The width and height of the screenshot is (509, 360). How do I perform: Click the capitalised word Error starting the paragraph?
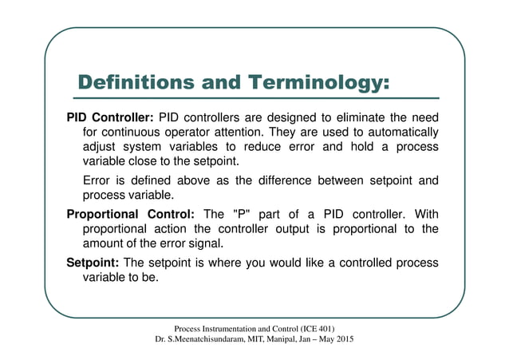click(97, 180)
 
